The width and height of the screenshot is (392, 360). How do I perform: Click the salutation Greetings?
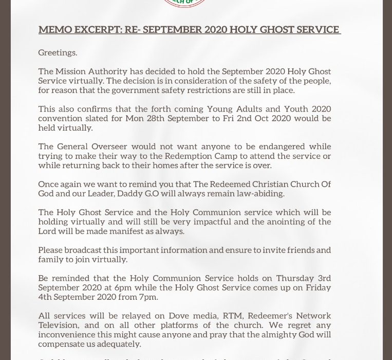[58, 52]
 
